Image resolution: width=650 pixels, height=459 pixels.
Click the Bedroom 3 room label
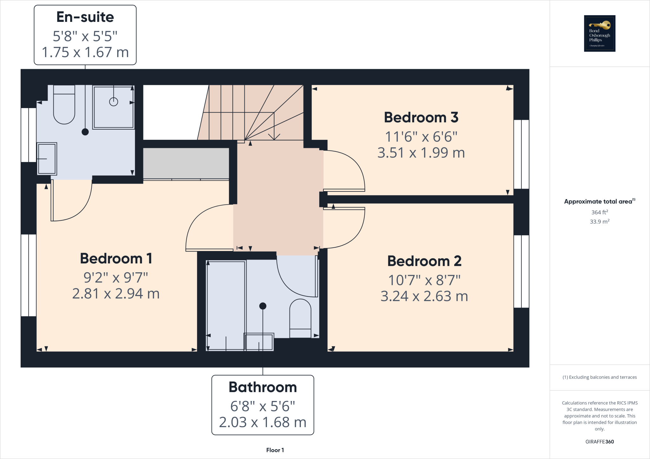click(x=421, y=118)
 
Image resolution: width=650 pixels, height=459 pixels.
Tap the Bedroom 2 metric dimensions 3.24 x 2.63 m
click(x=424, y=296)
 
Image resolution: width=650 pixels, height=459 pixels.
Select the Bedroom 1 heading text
click(x=116, y=258)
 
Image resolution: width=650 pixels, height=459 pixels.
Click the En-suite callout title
click(x=85, y=17)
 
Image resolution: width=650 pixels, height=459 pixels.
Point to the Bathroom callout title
click(x=263, y=387)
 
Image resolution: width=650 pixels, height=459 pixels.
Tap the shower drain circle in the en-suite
click(x=114, y=102)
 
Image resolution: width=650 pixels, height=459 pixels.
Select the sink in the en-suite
click(x=47, y=158)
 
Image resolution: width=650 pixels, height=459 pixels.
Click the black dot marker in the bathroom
click(x=263, y=306)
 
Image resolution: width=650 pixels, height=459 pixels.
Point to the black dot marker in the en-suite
click(x=85, y=132)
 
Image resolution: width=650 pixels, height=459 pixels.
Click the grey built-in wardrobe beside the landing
click(x=186, y=163)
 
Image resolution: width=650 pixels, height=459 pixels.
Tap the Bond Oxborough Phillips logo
click(x=600, y=33)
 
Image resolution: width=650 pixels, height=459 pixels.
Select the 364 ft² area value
click(x=600, y=212)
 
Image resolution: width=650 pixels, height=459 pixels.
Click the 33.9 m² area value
click(x=600, y=222)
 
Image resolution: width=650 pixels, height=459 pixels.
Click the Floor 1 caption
click(x=275, y=450)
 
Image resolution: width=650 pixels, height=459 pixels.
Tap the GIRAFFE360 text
click(x=600, y=442)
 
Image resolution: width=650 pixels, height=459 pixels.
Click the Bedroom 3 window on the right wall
click(x=521, y=154)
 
